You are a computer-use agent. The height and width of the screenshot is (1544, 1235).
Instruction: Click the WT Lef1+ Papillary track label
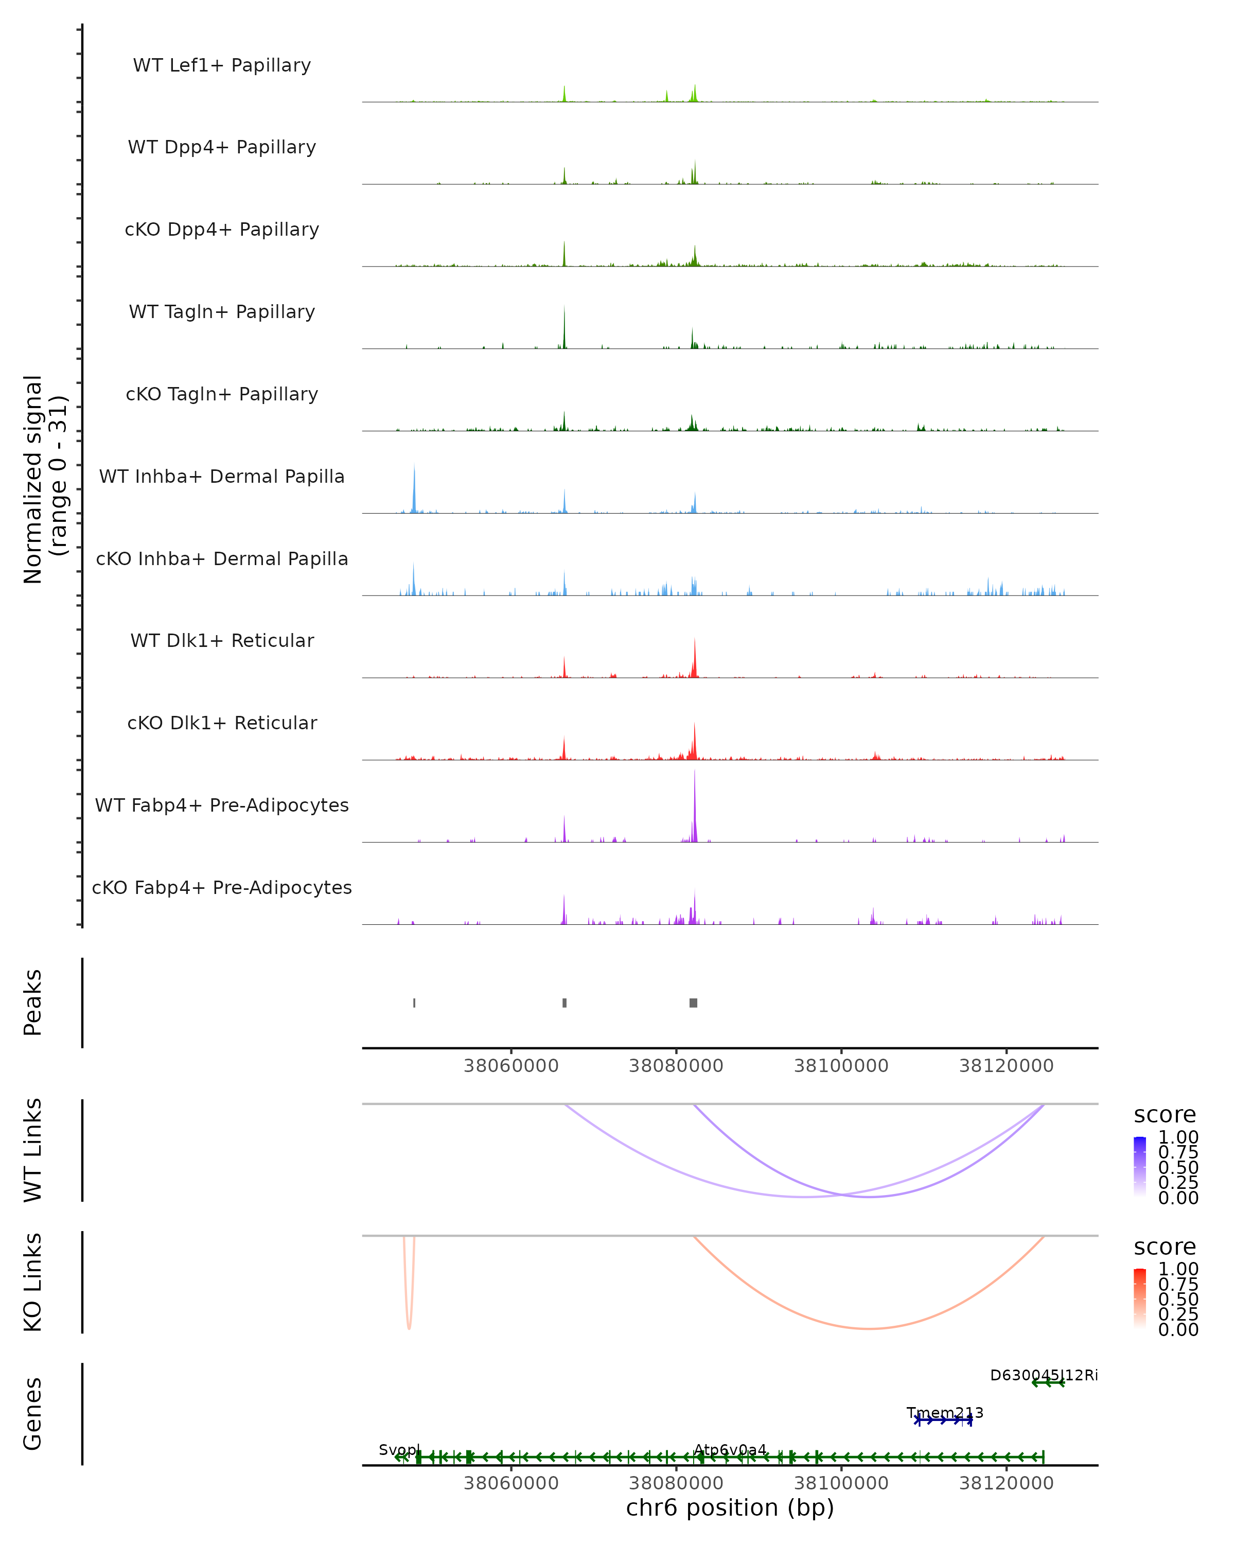pos(222,65)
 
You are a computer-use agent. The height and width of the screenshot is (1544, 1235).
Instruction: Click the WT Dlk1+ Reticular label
pos(222,640)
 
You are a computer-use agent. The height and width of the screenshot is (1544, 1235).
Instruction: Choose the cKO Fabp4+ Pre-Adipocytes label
pos(222,887)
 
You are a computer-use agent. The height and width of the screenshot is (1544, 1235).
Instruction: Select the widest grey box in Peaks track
pos(693,1003)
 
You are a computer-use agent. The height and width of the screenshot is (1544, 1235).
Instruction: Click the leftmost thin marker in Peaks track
pos(415,1003)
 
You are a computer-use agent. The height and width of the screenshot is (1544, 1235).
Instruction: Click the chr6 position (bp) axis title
pos(730,1508)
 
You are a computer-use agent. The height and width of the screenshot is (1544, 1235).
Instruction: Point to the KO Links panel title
pos(33,1282)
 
